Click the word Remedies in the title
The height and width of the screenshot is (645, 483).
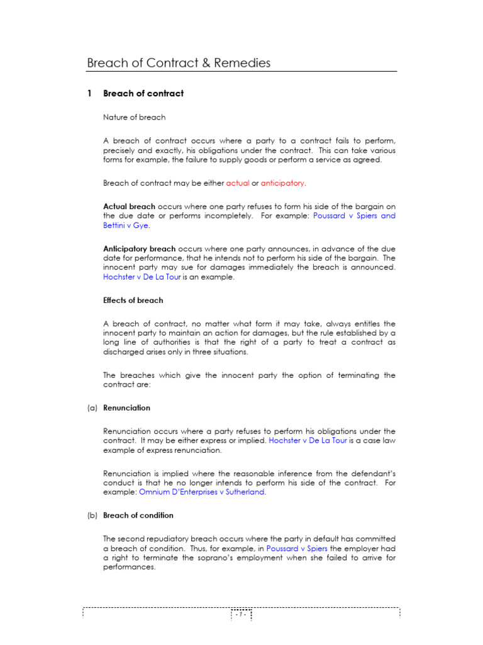243,63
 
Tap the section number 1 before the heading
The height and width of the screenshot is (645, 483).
90,93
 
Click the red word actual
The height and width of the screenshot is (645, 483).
237,183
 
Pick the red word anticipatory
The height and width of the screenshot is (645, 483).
282,183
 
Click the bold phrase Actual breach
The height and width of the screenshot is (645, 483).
129,206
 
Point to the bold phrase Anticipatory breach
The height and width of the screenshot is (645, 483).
139,249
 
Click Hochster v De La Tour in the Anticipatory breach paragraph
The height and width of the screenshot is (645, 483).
143,277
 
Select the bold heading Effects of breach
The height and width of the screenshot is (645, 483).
133,300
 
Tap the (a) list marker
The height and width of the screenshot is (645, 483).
92,408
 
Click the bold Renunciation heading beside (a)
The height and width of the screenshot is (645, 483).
126,408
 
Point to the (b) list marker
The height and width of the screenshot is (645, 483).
92,515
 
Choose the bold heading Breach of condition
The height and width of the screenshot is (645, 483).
138,515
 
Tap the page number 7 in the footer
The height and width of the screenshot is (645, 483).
240,613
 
